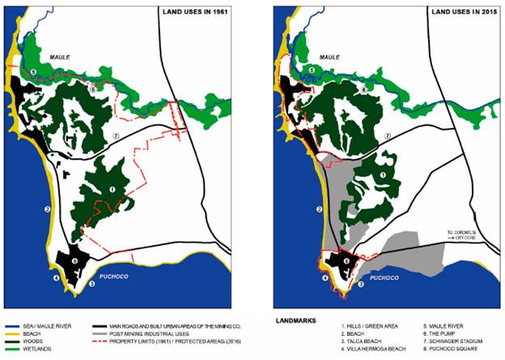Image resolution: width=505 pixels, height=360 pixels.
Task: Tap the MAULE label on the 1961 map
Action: coord(62,57)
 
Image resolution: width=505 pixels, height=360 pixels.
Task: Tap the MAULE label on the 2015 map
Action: coord(329,57)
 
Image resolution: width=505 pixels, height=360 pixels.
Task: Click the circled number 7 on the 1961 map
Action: coord(117,135)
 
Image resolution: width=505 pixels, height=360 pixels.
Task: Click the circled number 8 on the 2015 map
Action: coord(346,261)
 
